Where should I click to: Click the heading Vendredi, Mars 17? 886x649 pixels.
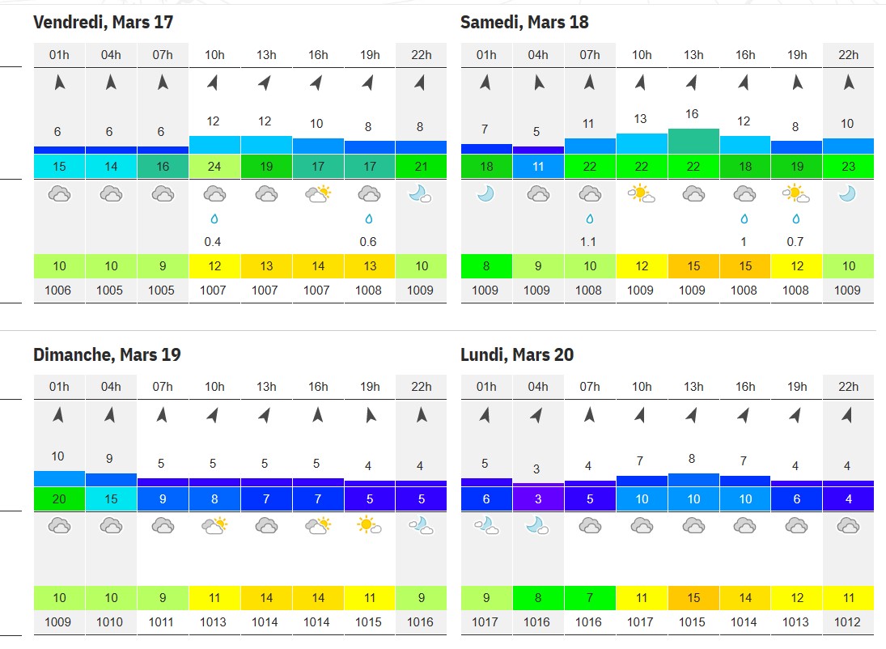[x=104, y=22]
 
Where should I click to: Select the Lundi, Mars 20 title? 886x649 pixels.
[x=517, y=354]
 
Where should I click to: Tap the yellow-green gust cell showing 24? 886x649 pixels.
[x=214, y=166]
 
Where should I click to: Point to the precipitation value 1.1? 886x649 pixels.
[x=588, y=242]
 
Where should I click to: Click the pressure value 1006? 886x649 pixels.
[x=58, y=290]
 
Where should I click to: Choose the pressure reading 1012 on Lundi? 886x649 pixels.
[x=848, y=621]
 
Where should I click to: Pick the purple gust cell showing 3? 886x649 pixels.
[x=539, y=498]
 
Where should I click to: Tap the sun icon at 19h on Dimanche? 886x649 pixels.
[x=369, y=526]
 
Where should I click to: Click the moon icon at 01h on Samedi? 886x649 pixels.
[x=486, y=194]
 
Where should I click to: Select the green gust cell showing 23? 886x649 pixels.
[x=849, y=166]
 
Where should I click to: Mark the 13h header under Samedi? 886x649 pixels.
[x=694, y=55]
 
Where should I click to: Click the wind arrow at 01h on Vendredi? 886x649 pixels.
[x=59, y=83]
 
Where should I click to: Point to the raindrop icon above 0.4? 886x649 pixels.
[x=214, y=218]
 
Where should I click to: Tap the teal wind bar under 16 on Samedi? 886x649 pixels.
[x=694, y=142]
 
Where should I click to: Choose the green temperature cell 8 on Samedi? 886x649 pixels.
[x=486, y=265]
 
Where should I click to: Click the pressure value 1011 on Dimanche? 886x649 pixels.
[x=162, y=621]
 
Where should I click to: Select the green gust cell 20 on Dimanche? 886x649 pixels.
[x=59, y=498]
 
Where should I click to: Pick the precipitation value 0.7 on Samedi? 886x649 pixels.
[x=795, y=242]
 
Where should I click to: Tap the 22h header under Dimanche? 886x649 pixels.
[x=422, y=387]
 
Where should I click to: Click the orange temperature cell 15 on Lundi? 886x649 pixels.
[x=694, y=597]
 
